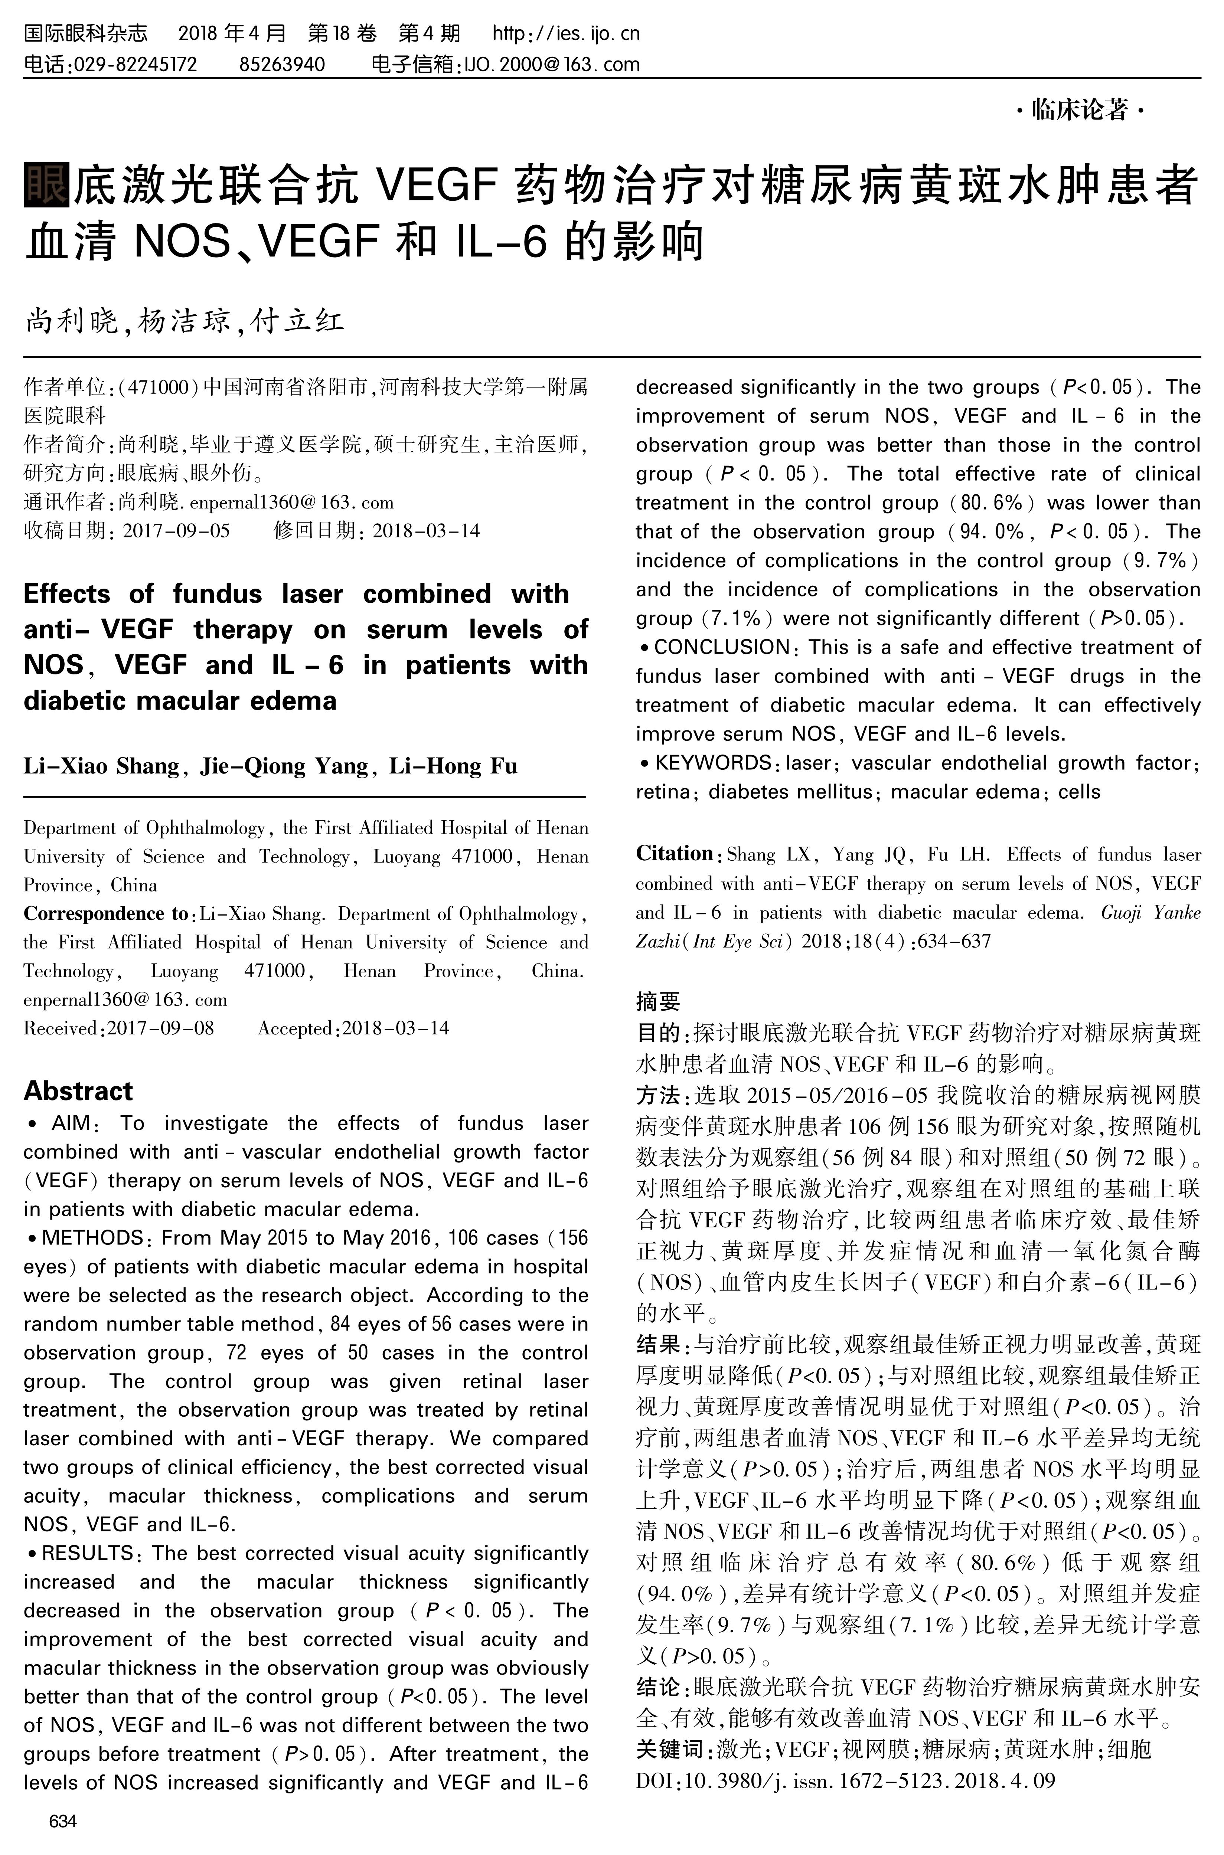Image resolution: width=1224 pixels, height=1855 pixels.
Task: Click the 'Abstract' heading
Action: (78, 1090)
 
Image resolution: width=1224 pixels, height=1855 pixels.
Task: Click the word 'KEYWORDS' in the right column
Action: (713, 762)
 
